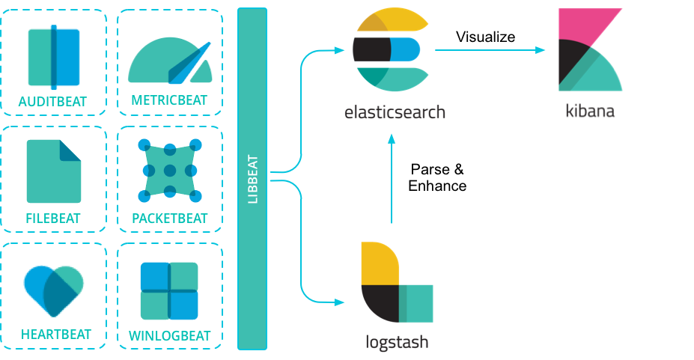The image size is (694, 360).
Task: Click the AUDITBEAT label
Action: click(54, 101)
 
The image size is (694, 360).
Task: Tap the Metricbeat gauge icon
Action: click(170, 62)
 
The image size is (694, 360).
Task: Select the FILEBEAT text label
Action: click(54, 219)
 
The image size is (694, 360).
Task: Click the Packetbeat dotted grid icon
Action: click(170, 170)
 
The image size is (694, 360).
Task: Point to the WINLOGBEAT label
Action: click(170, 336)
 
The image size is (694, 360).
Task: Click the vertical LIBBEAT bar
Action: click(252, 179)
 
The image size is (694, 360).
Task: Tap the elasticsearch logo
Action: click(390, 48)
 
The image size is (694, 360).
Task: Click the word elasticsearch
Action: click(395, 113)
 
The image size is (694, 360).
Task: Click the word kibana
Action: click(590, 112)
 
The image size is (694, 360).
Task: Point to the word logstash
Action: click(397, 343)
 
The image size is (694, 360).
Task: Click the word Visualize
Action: click(485, 36)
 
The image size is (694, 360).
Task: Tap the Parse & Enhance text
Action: click(437, 177)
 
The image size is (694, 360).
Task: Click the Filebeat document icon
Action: click(54, 171)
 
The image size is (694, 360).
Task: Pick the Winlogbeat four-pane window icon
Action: click(169, 290)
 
